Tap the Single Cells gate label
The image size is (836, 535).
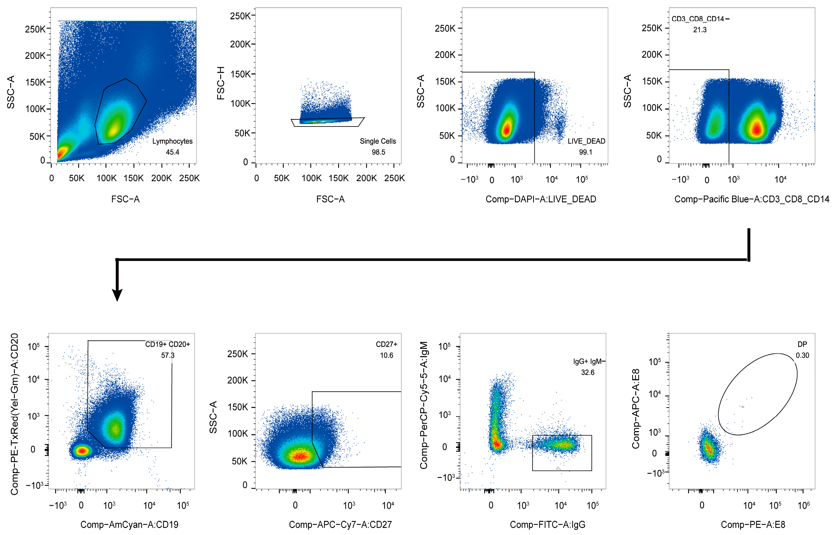pos(378,141)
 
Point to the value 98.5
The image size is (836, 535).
pos(378,152)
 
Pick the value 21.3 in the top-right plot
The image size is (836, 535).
pos(700,30)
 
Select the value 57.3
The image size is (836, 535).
pos(168,355)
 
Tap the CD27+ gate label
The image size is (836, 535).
pos(386,344)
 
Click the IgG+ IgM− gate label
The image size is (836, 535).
pos(589,362)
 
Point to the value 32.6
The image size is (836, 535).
pos(588,372)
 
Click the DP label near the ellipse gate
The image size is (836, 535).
pos(802,344)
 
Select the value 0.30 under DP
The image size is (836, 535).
pos(802,355)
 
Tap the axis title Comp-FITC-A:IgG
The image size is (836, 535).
pos(547,524)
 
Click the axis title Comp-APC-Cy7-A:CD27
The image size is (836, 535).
pos(340,524)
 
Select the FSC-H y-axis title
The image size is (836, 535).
pos(220,83)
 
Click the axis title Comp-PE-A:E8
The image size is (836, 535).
pos(753,524)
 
